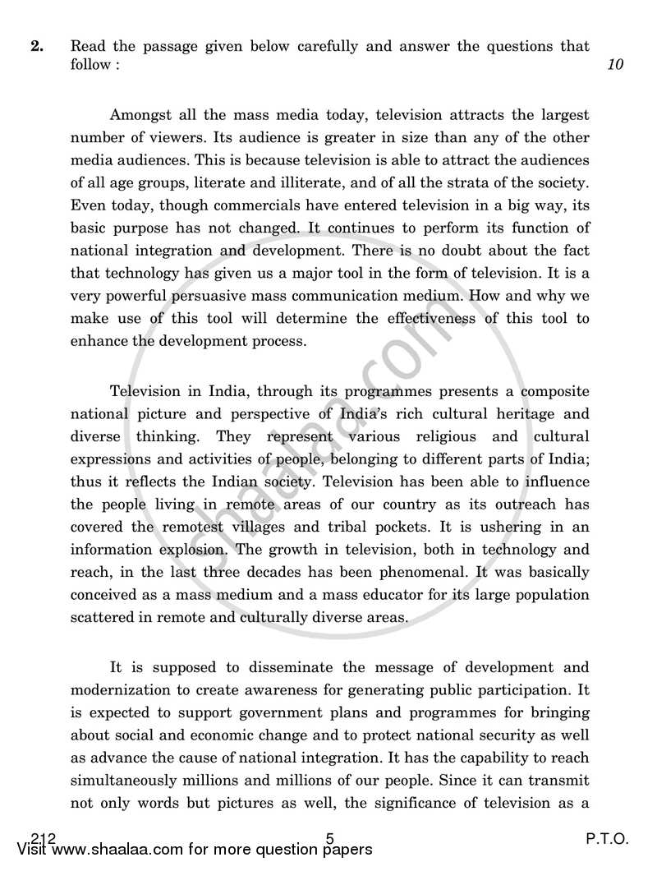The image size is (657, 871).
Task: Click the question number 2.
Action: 36,47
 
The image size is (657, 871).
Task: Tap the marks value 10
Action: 615,67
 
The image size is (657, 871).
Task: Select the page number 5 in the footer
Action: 329,839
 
